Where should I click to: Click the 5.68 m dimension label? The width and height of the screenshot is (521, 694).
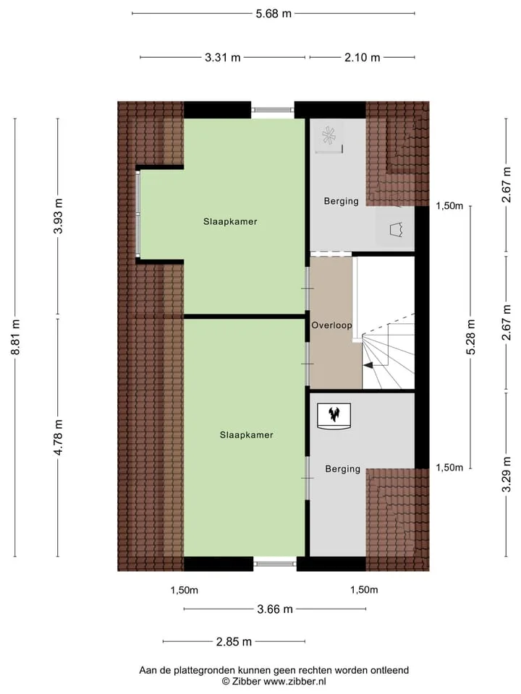coord(274,14)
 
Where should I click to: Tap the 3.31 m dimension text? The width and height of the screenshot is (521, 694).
coord(222,58)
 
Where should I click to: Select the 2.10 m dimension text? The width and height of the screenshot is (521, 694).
coord(362,58)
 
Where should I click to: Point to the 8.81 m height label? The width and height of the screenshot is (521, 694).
coord(15,337)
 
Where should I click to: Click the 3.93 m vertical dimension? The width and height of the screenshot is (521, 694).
coord(58,216)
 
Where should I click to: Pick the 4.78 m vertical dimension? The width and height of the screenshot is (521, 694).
coord(58,437)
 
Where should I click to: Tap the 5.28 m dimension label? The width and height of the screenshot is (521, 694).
coord(471,337)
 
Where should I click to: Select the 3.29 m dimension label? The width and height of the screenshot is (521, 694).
coord(507,474)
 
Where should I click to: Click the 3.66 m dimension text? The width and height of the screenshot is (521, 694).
coord(275,609)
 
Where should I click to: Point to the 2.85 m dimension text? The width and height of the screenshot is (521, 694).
coord(234,642)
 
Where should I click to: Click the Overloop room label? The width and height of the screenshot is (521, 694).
coord(332,325)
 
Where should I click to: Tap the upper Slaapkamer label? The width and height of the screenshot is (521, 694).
coord(230,222)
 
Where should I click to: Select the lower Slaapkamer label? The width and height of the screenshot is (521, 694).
coord(246,435)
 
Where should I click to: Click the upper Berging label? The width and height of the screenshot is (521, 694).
coord(341,202)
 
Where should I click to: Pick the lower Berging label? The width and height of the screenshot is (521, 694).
coord(343,469)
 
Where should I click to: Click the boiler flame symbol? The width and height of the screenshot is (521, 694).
coord(334,415)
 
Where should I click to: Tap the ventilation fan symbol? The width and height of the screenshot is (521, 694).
coord(329,136)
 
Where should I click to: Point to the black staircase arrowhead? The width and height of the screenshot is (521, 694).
coord(368,364)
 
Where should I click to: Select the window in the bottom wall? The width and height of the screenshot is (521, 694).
coord(275,564)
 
